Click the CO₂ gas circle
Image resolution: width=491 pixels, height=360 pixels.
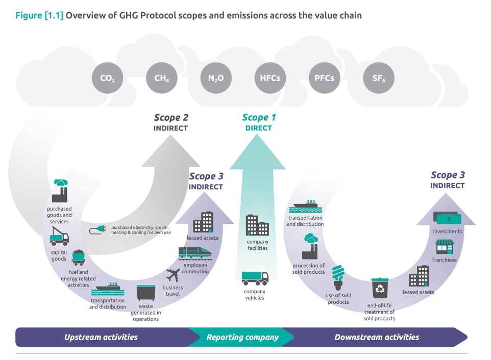[107, 79]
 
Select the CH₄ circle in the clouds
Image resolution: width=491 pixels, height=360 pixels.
[162, 79]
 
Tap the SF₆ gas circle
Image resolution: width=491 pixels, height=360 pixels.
[379, 79]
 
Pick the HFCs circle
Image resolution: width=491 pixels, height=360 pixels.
[270, 79]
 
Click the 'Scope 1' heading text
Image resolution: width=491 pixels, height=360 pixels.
[259, 118]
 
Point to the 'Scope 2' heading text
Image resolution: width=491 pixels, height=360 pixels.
[170, 118]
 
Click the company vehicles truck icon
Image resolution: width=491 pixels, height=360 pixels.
[255, 278]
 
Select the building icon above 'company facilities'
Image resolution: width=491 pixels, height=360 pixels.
[257, 225]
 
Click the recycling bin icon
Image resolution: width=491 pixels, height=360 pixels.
[380, 289]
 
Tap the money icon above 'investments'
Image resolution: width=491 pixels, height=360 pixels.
[447, 218]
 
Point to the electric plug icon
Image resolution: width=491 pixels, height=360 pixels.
[98, 230]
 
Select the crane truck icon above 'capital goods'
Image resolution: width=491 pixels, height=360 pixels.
[59, 237]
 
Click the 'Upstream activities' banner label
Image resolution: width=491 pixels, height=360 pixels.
[101, 337]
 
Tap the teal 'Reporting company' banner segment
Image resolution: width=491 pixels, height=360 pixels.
[242, 337]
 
